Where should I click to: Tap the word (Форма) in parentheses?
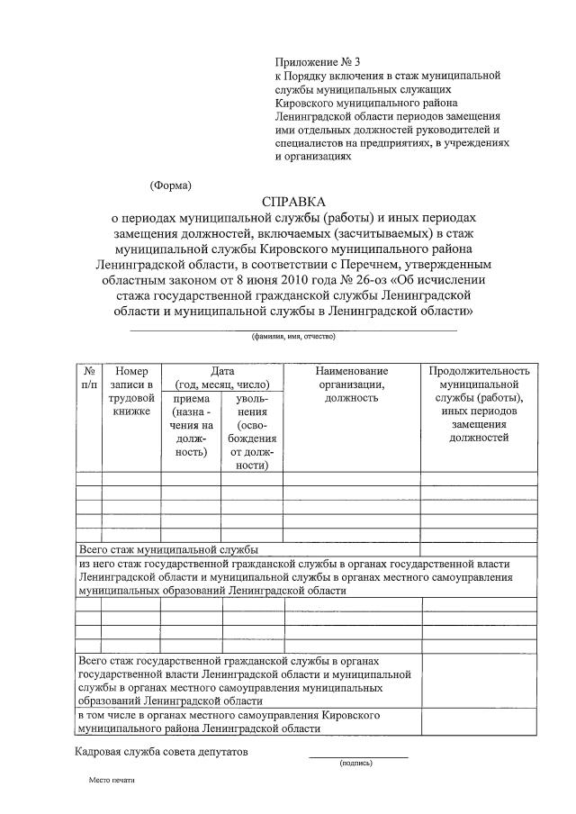170,185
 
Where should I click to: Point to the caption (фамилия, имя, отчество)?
293,336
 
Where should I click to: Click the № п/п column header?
88,378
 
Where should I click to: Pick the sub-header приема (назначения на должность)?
191,425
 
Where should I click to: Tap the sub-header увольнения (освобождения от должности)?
252,431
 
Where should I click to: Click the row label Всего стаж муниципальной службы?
168,548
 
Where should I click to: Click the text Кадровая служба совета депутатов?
162,751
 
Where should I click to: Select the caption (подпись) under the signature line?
356,764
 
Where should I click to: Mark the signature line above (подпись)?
358,756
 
